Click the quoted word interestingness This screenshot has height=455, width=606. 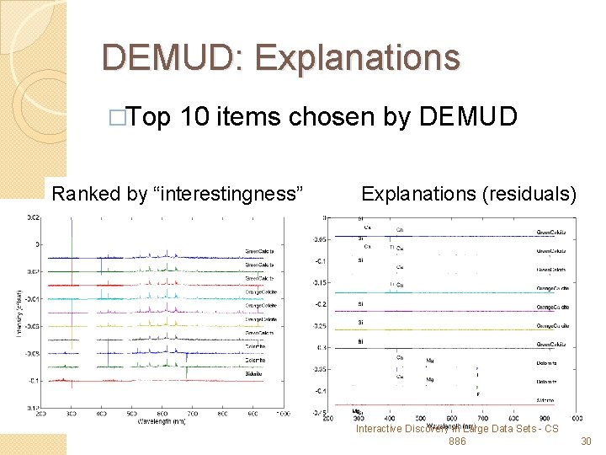[228, 194]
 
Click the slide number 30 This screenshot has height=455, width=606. [587, 442]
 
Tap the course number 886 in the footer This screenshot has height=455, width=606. [458, 442]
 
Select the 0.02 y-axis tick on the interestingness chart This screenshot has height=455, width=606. [32, 217]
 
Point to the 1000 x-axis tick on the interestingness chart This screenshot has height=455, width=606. [281, 415]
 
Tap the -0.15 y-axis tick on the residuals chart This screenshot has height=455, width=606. [318, 282]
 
